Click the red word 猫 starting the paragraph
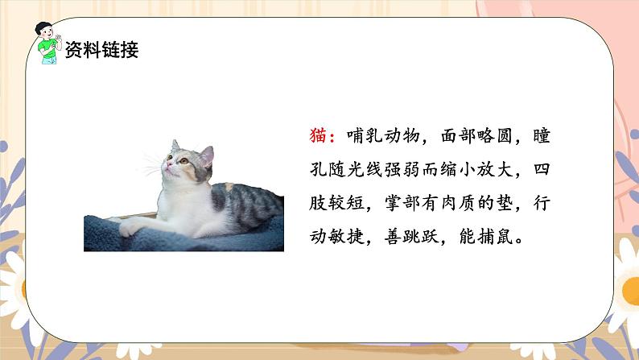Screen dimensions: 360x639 (317, 137)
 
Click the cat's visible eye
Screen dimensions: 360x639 (183, 161)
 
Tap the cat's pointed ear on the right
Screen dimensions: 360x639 (207, 152)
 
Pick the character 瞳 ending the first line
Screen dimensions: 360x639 (541, 137)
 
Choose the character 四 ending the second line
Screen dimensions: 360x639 (541, 171)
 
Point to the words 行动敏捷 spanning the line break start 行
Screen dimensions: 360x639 (541, 205)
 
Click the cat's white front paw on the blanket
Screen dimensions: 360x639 (130, 230)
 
